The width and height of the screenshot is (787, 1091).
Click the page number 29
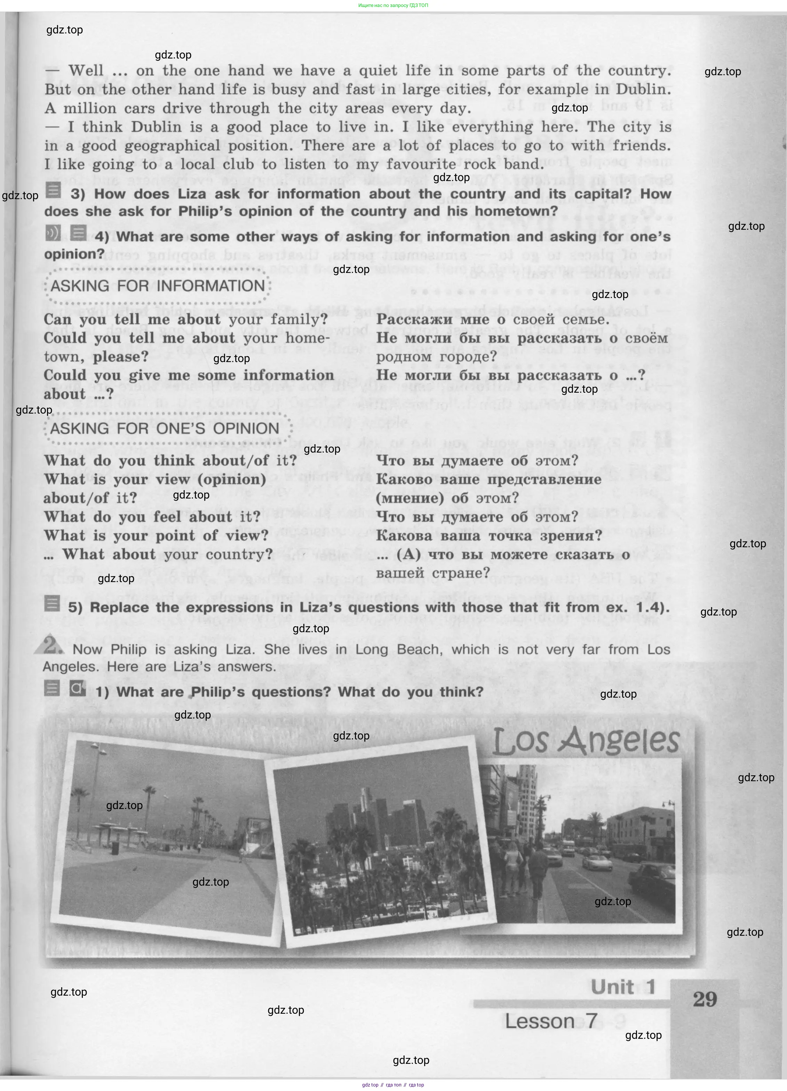tap(705, 999)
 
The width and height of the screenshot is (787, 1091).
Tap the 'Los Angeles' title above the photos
tap(586, 741)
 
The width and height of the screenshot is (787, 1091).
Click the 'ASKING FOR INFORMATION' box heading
tap(158, 286)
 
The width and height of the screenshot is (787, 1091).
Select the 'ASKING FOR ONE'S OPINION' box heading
tap(165, 428)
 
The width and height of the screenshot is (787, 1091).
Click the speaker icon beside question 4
tap(53, 233)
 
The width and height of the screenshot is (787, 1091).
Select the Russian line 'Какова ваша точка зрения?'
tap(488, 535)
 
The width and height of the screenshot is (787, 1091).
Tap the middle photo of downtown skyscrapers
tap(380, 842)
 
